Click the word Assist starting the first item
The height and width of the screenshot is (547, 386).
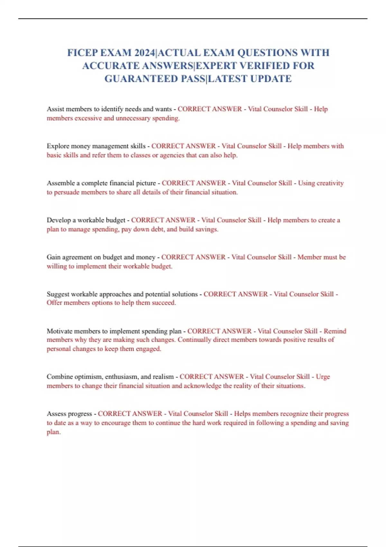[x=55, y=109]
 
